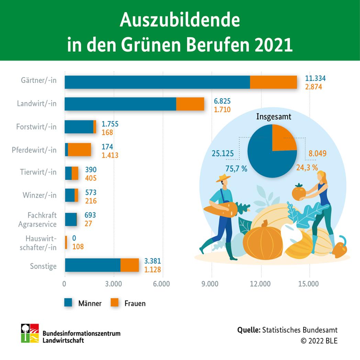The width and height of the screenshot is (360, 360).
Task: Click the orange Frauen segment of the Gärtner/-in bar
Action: tap(273, 82)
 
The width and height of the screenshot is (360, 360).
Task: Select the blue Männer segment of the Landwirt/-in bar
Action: tap(120, 104)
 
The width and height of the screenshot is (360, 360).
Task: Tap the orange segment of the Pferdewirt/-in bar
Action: tap(79, 149)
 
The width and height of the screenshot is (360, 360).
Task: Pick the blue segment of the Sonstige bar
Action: tap(92, 265)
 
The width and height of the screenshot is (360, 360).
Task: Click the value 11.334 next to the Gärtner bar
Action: tap(315, 79)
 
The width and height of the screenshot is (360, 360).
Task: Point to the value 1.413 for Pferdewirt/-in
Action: tap(110, 155)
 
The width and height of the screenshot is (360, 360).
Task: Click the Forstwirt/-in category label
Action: tap(36, 127)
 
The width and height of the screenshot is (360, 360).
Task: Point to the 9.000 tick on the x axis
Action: tap(212, 284)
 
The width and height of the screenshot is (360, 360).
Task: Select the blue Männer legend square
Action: tap(68, 303)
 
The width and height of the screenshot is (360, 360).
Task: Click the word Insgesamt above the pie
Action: tap(274, 117)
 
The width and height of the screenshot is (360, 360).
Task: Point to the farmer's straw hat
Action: tap(224, 178)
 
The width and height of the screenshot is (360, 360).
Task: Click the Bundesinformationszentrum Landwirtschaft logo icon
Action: tap(30, 333)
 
